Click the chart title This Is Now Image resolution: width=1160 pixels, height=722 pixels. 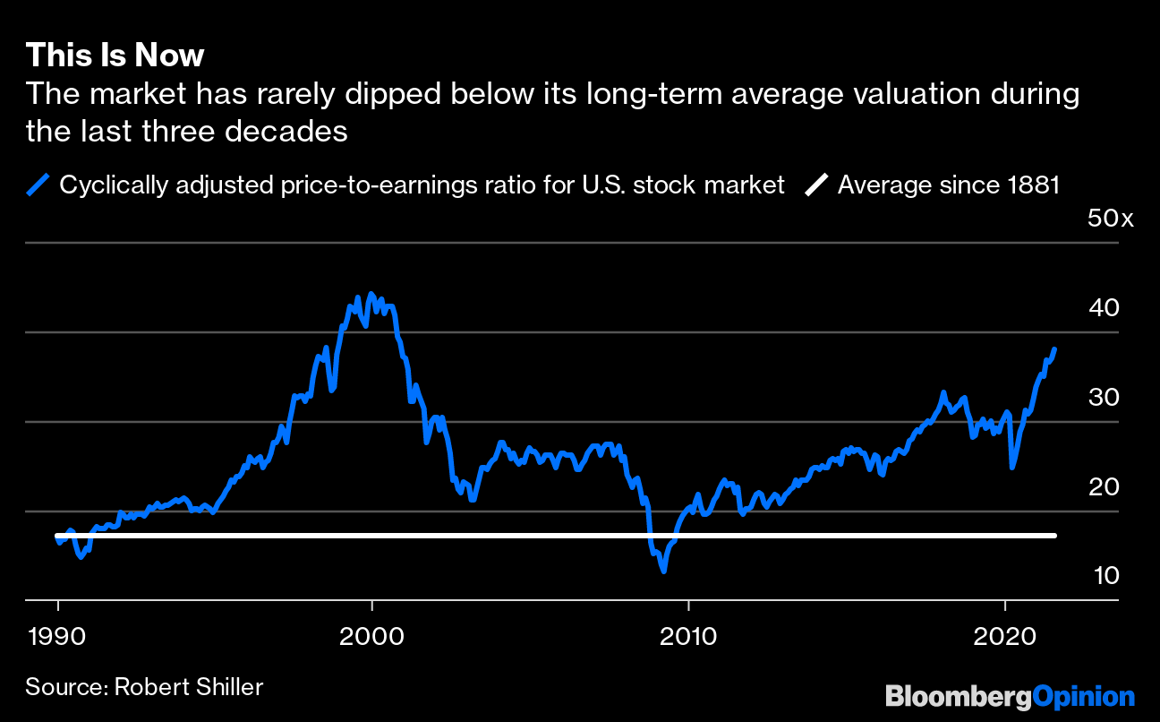pyautogui.click(x=115, y=56)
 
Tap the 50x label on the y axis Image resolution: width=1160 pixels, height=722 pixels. pyautogui.click(x=1110, y=219)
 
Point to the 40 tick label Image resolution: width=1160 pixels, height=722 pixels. pyautogui.click(x=1104, y=307)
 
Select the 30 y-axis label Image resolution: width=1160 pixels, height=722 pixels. pyautogui.click(x=1104, y=397)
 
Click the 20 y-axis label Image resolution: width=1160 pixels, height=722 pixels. pyautogui.click(x=1104, y=486)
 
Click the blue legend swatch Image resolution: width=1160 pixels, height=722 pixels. pyautogui.click(x=38, y=185)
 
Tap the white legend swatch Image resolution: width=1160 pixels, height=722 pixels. pyautogui.click(x=815, y=185)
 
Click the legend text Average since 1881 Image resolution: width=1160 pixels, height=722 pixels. pyautogui.click(x=949, y=185)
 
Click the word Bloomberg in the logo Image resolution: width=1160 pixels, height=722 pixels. pyautogui.click(x=959, y=697)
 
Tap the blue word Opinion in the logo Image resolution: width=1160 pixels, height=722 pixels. pyautogui.click(x=1084, y=697)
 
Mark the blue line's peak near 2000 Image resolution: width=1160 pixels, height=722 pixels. pyautogui.click(x=371, y=294)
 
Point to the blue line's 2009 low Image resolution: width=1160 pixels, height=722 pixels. pyautogui.click(x=663, y=570)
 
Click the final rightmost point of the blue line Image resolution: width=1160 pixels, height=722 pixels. pyautogui.click(x=1055, y=348)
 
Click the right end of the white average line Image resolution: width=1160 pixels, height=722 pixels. pyautogui.click(x=1054, y=536)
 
